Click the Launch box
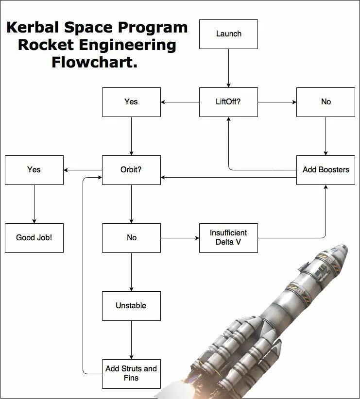click(x=228, y=34)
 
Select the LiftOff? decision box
click(x=228, y=102)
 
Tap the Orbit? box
click(x=131, y=170)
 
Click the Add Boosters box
click(x=326, y=170)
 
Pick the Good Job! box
click(x=34, y=238)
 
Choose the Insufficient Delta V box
click(x=228, y=238)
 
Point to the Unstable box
click(x=131, y=306)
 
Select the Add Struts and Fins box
click(x=131, y=373)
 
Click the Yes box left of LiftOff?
click(x=131, y=102)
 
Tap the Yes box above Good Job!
click(x=34, y=170)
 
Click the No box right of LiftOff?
click(x=326, y=102)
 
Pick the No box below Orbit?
click(x=131, y=238)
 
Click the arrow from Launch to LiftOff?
click(x=228, y=68)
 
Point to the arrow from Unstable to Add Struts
click(x=131, y=340)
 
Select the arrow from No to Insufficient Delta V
click(x=180, y=238)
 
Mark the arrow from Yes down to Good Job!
click(x=34, y=204)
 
